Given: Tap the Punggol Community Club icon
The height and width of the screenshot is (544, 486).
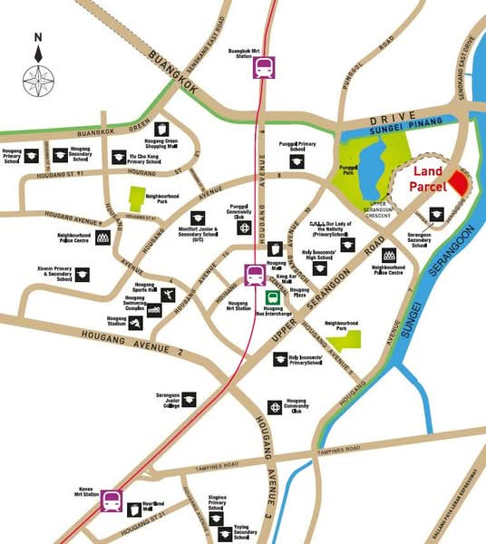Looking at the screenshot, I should coord(245,228).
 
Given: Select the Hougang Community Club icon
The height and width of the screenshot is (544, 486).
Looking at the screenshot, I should coord(274,407).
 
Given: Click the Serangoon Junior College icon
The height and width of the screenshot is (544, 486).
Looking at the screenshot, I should coord(189,398).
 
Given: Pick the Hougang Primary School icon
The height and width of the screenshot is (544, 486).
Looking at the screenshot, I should coord(29,154).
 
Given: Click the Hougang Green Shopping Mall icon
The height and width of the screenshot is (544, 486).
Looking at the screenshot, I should coord(162,130).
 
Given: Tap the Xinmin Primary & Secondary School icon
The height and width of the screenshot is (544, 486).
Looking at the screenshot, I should coord(83,273).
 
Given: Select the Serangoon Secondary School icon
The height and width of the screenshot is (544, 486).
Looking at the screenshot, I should coord(419,219).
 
